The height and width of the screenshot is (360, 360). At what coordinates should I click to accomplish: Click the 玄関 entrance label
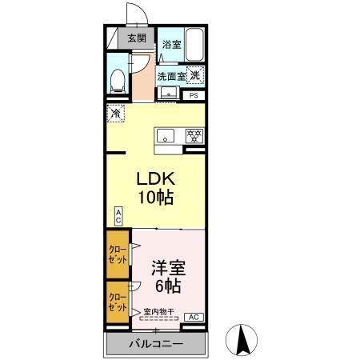point(136,38)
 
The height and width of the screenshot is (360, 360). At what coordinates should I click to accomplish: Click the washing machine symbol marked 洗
point(196,75)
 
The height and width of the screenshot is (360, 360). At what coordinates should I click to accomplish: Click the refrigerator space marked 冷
point(115,114)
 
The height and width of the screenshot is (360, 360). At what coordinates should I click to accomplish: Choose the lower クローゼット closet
point(117,302)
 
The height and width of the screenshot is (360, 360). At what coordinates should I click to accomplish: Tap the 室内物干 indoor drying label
point(159,310)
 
